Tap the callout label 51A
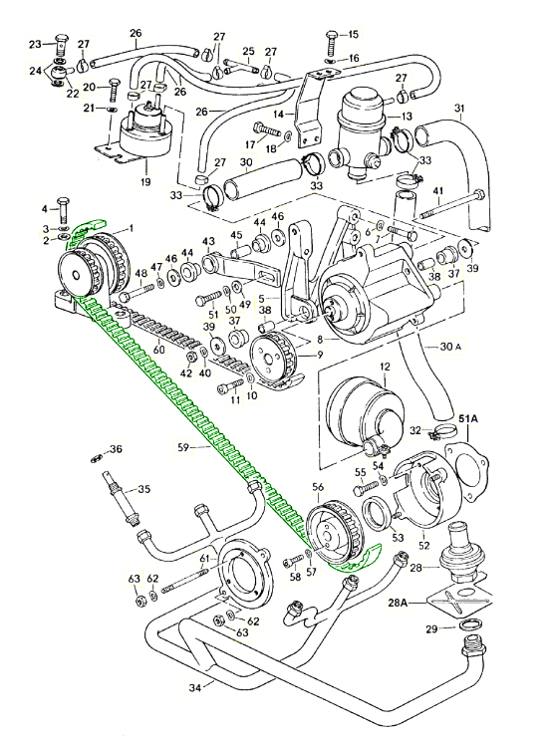(x=467, y=418)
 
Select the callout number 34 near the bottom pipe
(x=195, y=688)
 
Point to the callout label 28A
(x=398, y=603)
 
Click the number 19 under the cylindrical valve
(x=145, y=180)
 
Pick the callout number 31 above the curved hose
(x=459, y=108)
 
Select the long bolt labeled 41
(x=451, y=204)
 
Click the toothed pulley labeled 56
(x=332, y=536)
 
